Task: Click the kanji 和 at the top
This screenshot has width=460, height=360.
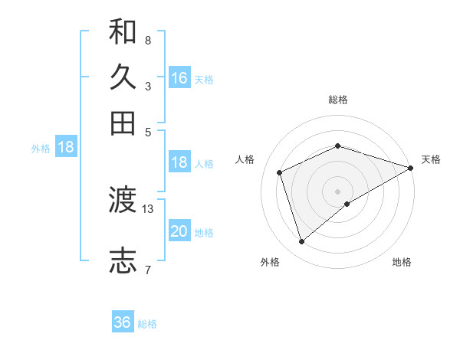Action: pos(123,32)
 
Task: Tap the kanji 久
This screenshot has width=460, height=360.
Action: pos(123,77)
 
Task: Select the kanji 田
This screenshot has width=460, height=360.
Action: pos(123,123)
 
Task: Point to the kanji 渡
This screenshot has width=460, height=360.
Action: pos(123,201)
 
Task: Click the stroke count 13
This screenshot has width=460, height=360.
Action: pos(148,208)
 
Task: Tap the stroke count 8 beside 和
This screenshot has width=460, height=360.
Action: pos(147,40)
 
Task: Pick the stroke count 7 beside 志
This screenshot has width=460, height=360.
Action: pos(147,269)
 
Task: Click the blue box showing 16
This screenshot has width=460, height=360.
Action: pos(179,78)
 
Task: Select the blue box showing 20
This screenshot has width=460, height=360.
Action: pos(179,231)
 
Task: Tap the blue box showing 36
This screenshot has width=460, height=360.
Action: pos(123,322)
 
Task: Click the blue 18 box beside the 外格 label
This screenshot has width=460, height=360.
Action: pos(66,148)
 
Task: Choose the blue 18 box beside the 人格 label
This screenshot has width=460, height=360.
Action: pos(179,162)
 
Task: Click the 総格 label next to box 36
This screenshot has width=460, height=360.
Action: pos(147,324)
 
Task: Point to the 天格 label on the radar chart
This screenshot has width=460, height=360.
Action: pos(431,159)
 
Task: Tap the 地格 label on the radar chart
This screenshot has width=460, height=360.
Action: pos(402,262)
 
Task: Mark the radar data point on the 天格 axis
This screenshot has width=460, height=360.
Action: pos(411,168)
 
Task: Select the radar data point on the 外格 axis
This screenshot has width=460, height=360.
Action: pos(301,242)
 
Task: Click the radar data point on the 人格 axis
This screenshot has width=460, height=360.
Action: pos(280,172)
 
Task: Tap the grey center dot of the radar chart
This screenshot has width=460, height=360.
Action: pos(337,191)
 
